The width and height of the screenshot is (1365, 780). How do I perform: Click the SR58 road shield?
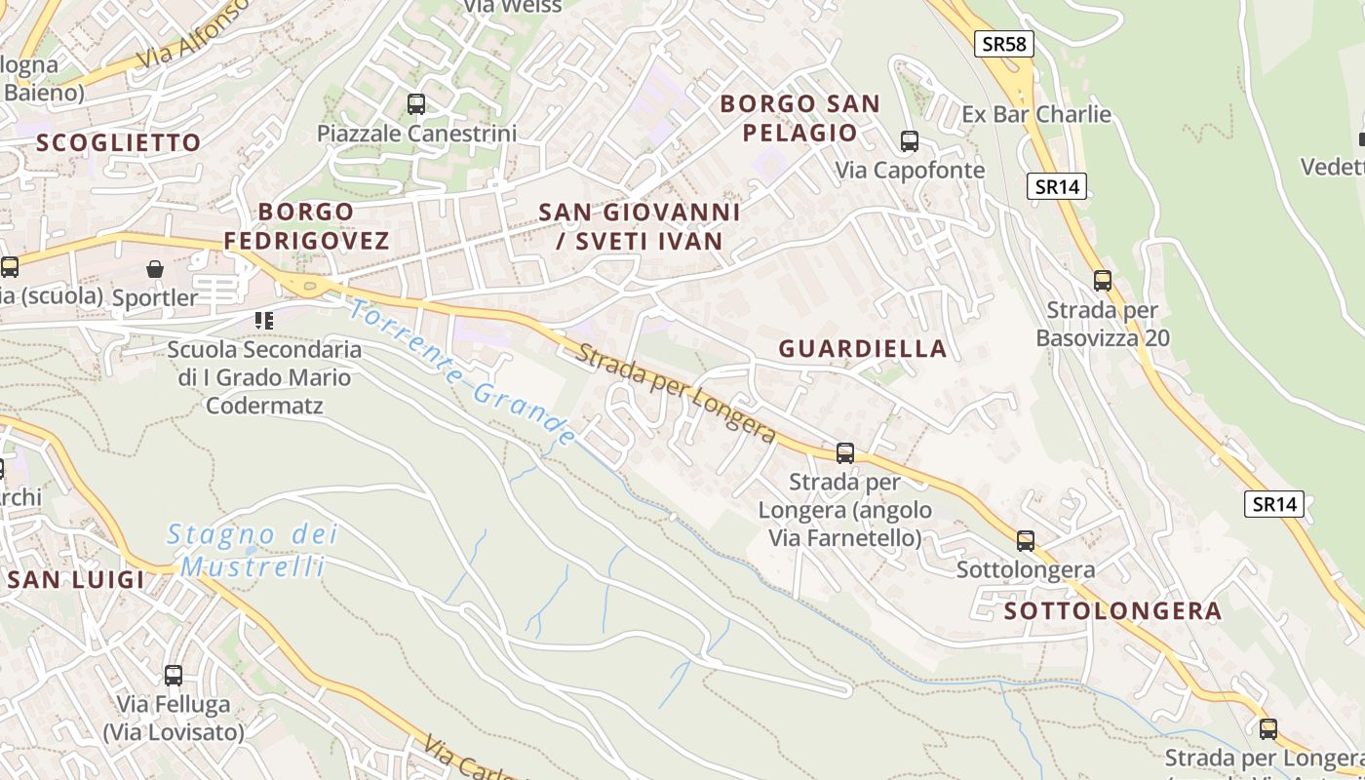click(1004, 43)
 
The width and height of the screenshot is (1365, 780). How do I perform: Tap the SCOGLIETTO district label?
click(119, 142)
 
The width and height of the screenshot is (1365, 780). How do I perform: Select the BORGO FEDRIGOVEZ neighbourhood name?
click(306, 225)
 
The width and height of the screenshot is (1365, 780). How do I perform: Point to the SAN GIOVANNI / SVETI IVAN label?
click(640, 226)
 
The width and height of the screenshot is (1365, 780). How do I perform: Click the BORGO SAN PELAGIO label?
click(800, 118)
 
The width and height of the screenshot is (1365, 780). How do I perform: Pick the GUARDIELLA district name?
click(863, 348)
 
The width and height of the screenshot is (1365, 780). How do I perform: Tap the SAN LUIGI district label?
click(76, 579)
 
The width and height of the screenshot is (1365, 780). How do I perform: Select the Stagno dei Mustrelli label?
click(253, 550)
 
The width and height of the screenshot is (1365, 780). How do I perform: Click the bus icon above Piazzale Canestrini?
click(416, 103)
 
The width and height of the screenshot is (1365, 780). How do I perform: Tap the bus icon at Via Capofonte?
click(910, 140)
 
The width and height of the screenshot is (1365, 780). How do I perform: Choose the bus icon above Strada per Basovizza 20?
click(1103, 281)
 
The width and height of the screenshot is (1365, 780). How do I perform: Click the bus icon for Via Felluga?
click(174, 675)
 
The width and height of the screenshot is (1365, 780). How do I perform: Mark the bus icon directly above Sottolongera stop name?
click(1026, 540)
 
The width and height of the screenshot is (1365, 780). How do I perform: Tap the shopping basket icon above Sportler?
click(155, 268)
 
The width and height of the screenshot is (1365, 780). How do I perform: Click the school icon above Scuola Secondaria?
click(263, 319)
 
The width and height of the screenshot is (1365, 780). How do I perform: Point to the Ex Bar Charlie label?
click(1036, 114)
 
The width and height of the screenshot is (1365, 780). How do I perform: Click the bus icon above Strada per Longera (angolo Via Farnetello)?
click(845, 452)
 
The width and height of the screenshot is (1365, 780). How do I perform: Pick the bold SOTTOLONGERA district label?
click(1112, 611)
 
